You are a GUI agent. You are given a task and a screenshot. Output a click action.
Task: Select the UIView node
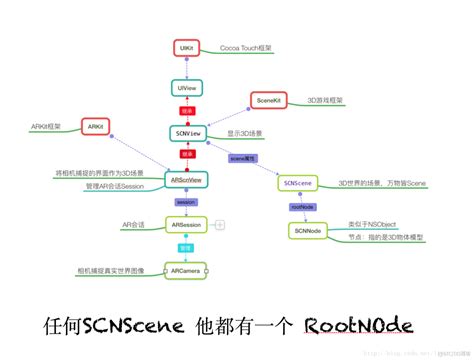(186, 89)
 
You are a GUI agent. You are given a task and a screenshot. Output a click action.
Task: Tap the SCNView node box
(185, 132)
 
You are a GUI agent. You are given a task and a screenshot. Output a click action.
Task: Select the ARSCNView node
(186, 179)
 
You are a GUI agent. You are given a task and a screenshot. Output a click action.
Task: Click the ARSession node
(185, 226)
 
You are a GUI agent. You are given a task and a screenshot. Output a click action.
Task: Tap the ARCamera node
(185, 270)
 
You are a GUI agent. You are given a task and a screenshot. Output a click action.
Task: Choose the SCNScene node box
(299, 184)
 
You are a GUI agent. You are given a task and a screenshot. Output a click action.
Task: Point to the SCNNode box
(307, 230)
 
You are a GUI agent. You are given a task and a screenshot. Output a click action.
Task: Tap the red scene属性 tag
(243, 158)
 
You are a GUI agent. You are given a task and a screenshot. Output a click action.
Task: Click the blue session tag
(185, 203)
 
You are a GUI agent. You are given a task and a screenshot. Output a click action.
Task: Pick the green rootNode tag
(297, 208)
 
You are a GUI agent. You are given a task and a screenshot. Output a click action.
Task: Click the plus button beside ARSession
(220, 227)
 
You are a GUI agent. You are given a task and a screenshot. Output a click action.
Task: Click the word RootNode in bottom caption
(357, 326)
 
